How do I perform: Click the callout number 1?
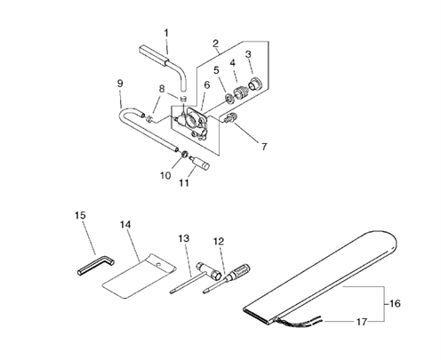click(x=166, y=33)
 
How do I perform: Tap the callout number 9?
click(x=120, y=84)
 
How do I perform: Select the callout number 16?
click(x=395, y=304)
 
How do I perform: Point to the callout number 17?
click(x=361, y=322)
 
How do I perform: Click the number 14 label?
click(x=125, y=225)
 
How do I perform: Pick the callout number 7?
click(x=264, y=147)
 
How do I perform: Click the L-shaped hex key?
click(x=96, y=266)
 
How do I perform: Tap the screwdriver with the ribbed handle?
click(x=227, y=278)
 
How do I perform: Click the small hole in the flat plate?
click(x=159, y=264)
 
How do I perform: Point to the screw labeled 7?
click(x=229, y=117)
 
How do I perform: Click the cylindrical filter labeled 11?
click(x=200, y=163)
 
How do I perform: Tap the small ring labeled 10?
click(x=184, y=154)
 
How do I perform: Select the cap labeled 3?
click(x=254, y=84)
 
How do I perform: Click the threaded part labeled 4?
click(x=242, y=92)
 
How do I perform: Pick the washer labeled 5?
click(x=229, y=99)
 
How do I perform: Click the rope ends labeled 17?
click(x=300, y=322)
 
